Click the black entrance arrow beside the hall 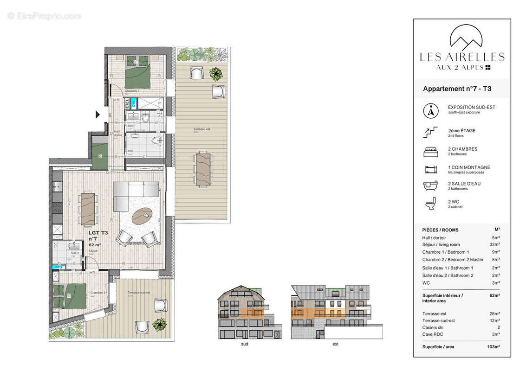tap(98, 114)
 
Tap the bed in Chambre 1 tap(137, 72)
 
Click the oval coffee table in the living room tap(143, 216)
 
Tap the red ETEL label tap(127, 103)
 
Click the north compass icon tap(431, 111)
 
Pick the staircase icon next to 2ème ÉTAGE tap(430, 132)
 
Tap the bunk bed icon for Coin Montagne tap(430, 169)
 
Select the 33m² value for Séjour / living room tap(495, 245)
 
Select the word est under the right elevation tap(336, 344)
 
